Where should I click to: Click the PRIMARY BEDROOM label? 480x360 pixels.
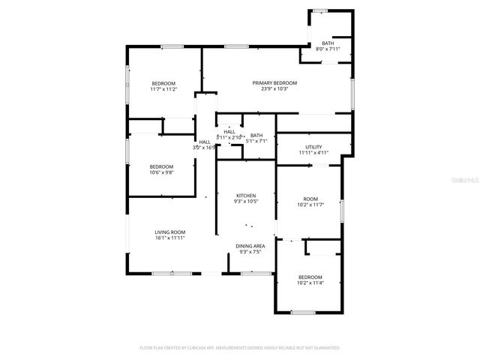pos(274,82)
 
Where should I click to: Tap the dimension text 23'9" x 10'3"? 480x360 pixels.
pos(274,89)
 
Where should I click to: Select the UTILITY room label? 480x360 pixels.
pos(313,146)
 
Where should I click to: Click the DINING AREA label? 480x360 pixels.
pos(250,246)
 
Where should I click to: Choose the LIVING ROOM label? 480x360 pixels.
pos(170,232)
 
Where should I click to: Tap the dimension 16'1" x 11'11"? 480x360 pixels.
pos(170,238)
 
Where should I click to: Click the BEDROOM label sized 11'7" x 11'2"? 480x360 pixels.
pos(163,82)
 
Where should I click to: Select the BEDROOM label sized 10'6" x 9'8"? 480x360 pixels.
pos(161,166)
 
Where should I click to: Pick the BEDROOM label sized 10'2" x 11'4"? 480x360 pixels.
pos(310,277)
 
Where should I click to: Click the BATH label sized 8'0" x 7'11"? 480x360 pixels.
pos(328,43)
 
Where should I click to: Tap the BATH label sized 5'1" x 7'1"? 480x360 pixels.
pos(257,135)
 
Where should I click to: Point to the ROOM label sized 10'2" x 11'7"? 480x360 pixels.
pos(310,199)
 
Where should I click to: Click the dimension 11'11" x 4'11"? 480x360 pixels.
pos(313,153)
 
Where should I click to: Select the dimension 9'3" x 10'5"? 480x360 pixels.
pos(246,201)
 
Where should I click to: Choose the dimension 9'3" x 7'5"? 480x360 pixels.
pos(250,252)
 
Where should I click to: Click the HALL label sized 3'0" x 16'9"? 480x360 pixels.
pos(205,142)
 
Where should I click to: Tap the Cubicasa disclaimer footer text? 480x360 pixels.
pos(240,348)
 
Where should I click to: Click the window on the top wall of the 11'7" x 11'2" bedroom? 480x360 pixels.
pos(172,47)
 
